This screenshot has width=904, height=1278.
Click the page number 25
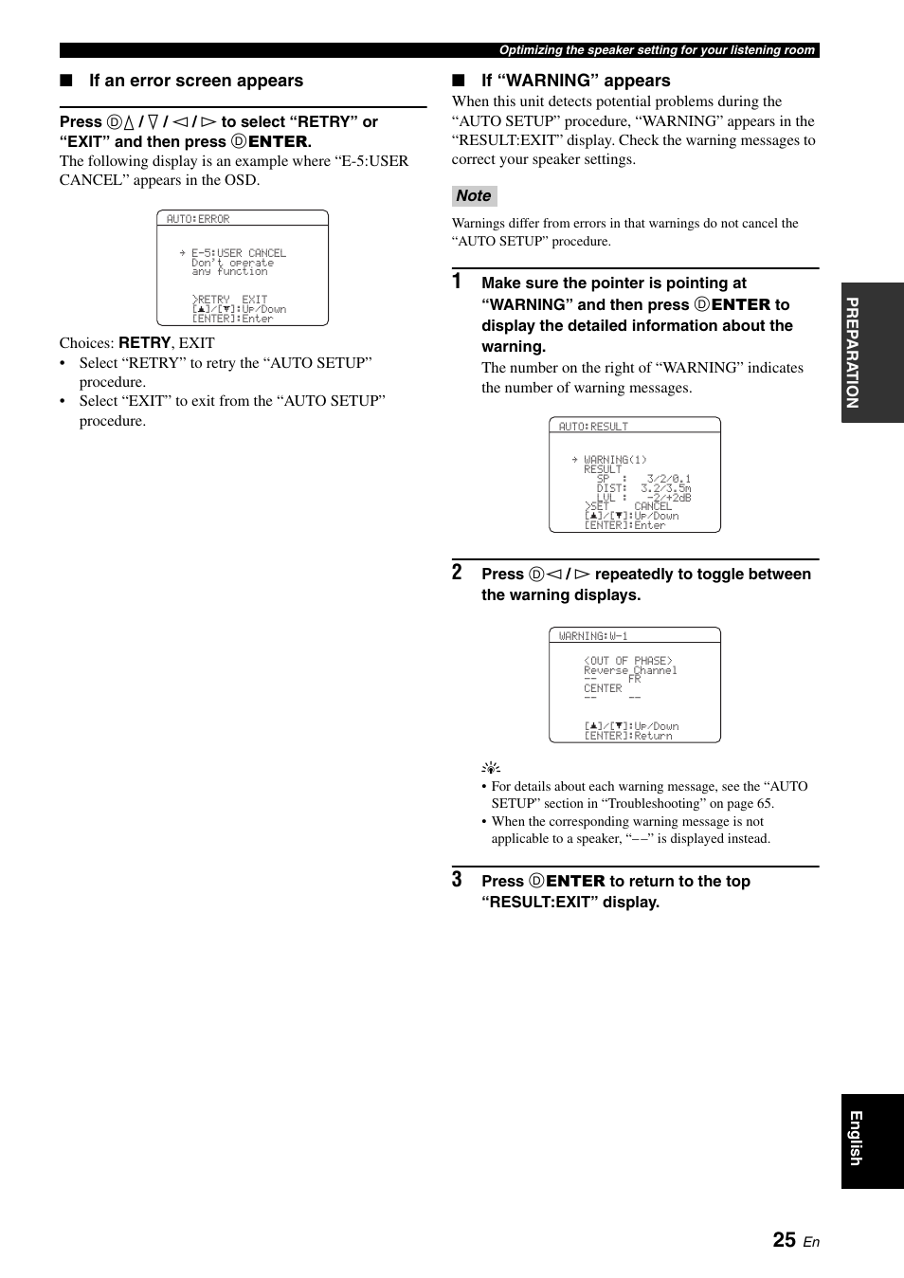784,1240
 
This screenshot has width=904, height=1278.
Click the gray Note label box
474,196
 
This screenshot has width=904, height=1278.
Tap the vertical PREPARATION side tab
872,353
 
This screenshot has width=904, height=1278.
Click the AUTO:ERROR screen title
198,219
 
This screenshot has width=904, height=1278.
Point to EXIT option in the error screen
254,300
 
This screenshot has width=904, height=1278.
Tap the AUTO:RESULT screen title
593,427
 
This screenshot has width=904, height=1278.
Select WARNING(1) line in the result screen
615,460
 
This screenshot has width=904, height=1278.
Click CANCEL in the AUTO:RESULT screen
653,506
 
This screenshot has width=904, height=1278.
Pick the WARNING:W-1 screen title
593,636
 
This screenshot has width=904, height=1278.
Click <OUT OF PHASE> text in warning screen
628,661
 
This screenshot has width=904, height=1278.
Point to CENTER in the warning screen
603,688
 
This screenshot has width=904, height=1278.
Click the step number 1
457,282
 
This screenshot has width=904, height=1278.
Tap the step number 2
457,573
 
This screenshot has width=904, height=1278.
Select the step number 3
457,879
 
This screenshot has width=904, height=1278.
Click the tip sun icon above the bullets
491,768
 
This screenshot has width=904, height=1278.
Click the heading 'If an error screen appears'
196,81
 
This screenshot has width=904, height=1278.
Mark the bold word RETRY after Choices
144,343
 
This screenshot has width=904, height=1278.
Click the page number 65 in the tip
764,803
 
